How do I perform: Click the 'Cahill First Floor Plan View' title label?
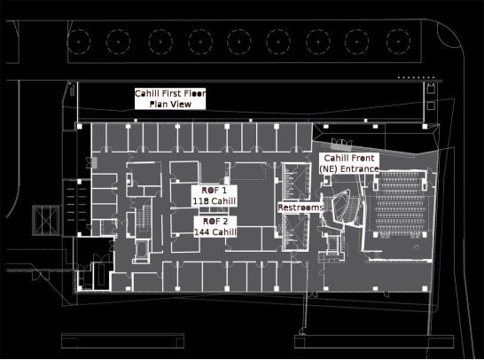click(x=170, y=98)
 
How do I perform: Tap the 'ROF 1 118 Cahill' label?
click(x=215, y=196)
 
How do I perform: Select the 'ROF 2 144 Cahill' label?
click(x=215, y=227)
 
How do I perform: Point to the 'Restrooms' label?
click(x=301, y=207)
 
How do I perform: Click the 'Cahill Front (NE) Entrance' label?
click(x=349, y=163)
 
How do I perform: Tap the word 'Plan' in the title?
click(x=158, y=104)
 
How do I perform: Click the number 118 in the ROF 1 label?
click(x=199, y=201)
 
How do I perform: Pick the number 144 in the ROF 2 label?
click(x=201, y=232)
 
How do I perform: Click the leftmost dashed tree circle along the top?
click(x=79, y=42)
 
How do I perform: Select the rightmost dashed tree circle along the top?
click(x=398, y=42)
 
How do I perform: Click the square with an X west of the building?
click(x=46, y=221)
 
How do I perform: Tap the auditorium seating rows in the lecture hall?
click(x=400, y=204)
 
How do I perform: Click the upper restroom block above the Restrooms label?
click(x=296, y=181)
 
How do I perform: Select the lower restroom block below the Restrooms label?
click(x=296, y=232)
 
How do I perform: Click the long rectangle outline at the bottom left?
click(x=123, y=340)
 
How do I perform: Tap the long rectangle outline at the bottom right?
click(x=374, y=341)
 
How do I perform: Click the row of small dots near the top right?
click(x=416, y=77)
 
